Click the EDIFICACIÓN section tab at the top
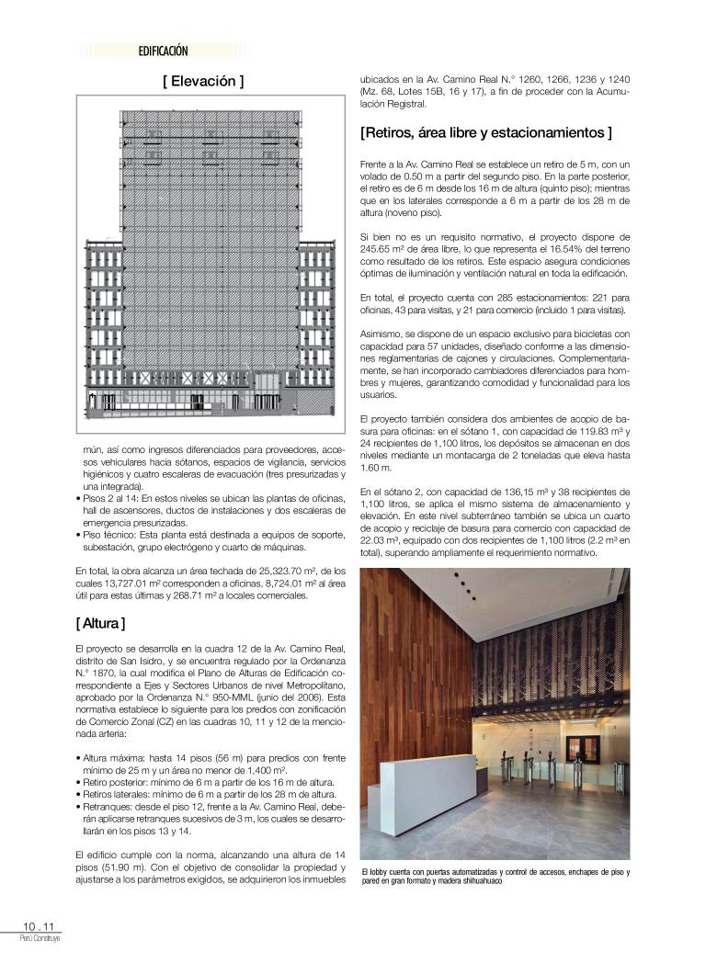tap(164, 52)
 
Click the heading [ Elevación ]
tap(203, 82)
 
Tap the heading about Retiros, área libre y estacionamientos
tap(486, 133)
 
